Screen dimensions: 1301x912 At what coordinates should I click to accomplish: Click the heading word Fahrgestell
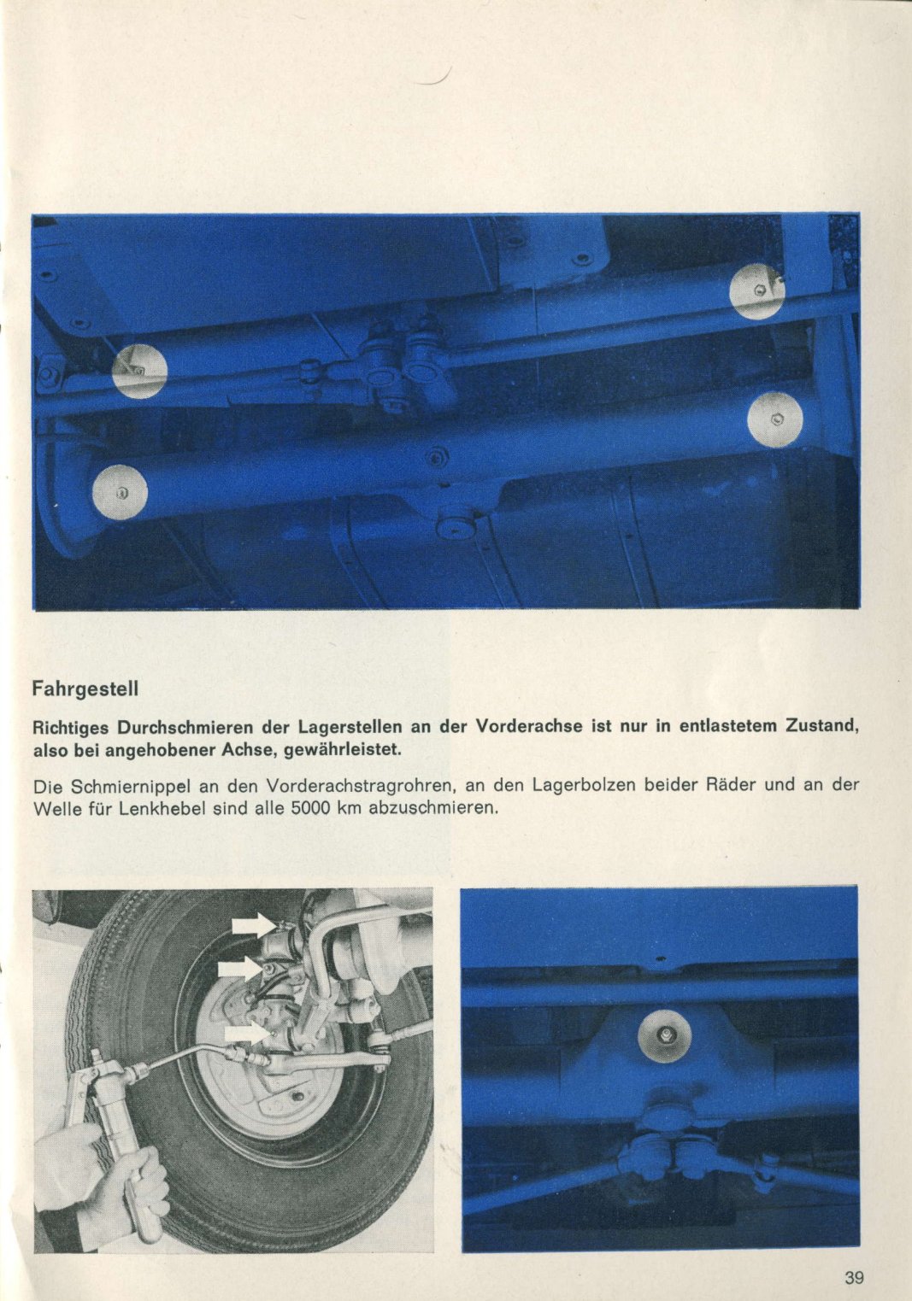pyautogui.click(x=85, y=687)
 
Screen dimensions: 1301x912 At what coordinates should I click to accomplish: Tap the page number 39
pyautogui.click(x=854, y=1279)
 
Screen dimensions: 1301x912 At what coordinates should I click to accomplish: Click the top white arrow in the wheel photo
pyautogui.click(x=253, y=924)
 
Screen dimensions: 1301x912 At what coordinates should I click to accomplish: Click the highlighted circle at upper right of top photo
pyautogui.click(x=756, y=291)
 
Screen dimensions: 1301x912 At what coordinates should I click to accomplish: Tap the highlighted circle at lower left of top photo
pyautogui.click(x=120, y=493)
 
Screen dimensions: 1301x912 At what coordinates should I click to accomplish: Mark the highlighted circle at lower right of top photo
pyautogui.click(x=775, y=419)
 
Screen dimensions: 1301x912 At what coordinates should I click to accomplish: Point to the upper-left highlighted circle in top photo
pyautogui.click(x=139, y=371)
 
